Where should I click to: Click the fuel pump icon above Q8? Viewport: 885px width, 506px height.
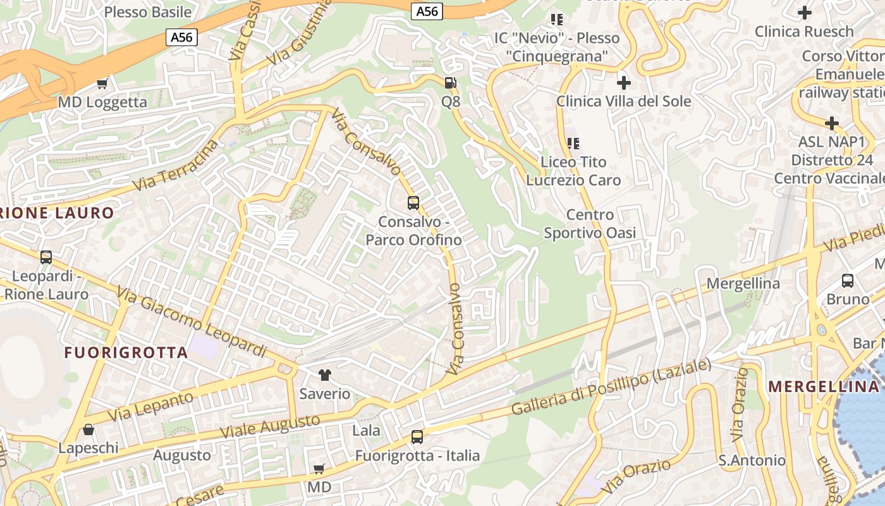[x=450, y=82]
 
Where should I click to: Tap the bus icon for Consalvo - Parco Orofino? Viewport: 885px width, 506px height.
[x=413, y=203]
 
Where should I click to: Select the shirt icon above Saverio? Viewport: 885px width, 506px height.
[x=325, y=375]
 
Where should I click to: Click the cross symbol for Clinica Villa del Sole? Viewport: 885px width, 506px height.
[x=624, y=82]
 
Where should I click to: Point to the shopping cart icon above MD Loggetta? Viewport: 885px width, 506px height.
[x=102, y=83]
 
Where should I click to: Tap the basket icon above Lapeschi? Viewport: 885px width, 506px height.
[x=88, y=429]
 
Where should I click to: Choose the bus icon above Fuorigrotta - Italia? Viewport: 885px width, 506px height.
[x=417, y=436]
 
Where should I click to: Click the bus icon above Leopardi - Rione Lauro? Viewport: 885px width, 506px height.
[x=46, y=257]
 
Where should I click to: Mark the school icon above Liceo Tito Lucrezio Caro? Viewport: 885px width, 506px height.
[x=573, y=144]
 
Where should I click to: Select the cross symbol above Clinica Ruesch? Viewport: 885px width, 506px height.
[x=804, y=12]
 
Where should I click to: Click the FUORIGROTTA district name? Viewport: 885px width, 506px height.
[x=126, y=353]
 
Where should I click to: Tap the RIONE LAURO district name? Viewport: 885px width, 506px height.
[x=57, y=213]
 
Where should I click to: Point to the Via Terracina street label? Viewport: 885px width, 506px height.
[x=176, y=166]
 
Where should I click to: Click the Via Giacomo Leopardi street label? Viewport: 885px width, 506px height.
[x=192, y=322]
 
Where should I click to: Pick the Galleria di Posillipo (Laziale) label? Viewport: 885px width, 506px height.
[x=611, y=387]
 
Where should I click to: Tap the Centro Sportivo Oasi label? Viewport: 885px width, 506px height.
[x=590, y=224]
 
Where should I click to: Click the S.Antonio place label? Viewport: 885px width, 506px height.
[x=752, y=460]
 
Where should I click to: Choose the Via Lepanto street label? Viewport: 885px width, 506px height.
[x=150, y=407]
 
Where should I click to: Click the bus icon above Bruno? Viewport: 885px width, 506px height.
[x=848, y=280]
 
